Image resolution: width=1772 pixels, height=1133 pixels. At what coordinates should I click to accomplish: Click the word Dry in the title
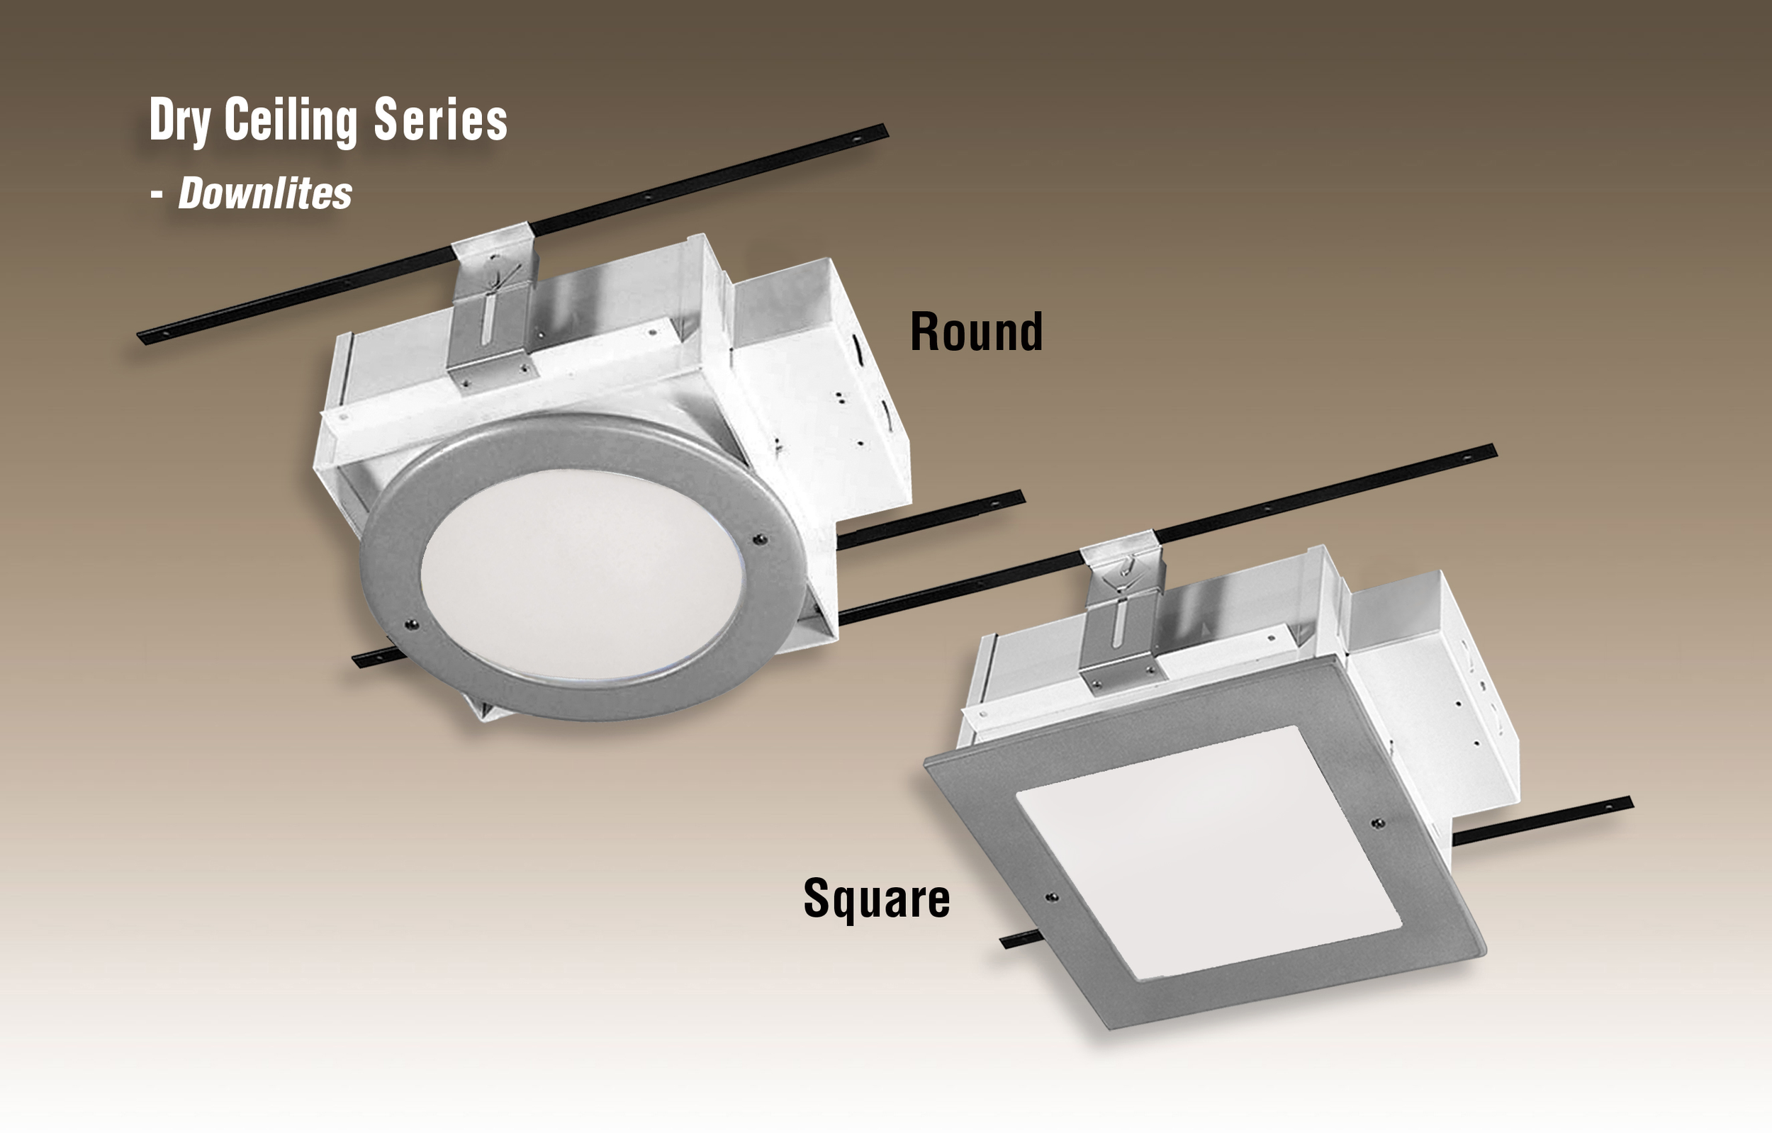(179, 120)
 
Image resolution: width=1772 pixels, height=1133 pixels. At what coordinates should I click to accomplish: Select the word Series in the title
(440, 120)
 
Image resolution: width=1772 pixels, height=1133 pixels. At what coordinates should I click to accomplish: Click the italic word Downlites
(265, 193)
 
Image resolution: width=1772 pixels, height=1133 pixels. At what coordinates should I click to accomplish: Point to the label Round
(976, 332)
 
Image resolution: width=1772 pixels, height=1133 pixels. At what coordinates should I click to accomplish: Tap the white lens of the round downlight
(581, 575)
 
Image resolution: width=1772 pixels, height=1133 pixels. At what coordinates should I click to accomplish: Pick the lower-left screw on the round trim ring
(411, 625)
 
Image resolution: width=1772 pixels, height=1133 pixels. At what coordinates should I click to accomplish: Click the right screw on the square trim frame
(1378, 823)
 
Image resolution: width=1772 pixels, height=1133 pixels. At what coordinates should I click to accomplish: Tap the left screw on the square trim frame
(1052, 898)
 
